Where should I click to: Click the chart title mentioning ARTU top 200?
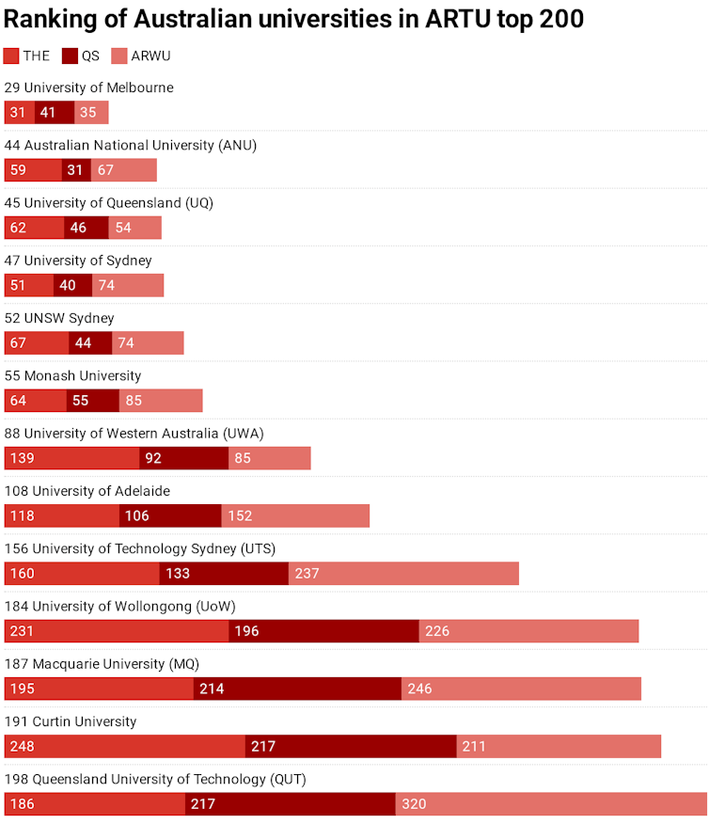tap(293, 19)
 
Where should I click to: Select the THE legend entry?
tap(27, 56)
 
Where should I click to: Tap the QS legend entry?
tap(81, 56)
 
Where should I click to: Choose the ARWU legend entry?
tap(141, 56)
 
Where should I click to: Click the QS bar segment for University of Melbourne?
tap(55, 113)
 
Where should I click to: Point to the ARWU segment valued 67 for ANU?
tap(123, 170)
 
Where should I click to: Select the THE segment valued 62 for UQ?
tap(34, 228)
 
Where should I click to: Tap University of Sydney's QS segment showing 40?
tap(72, 285)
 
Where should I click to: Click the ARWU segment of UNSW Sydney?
tap(148, 343)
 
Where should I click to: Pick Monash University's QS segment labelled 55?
tap(92, 401)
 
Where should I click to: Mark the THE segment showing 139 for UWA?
tap(71, 458)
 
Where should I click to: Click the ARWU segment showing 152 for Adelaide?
tap(295, 515)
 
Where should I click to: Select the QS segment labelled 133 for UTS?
tap(224, 574)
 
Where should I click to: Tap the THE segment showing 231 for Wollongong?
tap(117, 631)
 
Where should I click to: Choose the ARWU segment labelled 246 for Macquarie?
tap(521, 689)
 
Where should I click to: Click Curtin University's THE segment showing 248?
tap(125, 747)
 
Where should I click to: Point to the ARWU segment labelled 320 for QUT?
tap(551, 804)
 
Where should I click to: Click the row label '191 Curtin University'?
tap(71, 721)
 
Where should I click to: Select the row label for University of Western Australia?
tap(134, 434)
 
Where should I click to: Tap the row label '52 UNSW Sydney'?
tap(59, 318)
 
